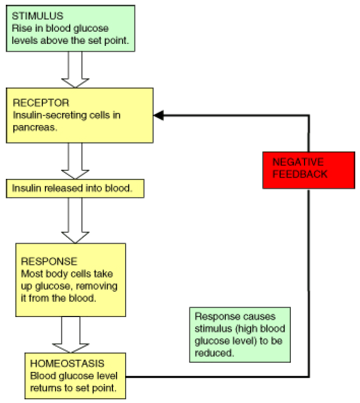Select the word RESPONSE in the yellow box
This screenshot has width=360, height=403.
pos(49,262)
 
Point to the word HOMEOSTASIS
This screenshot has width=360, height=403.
pos(67,364)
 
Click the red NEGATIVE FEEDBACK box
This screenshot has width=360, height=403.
pos(308,170)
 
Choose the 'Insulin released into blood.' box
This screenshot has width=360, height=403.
pos(75,188)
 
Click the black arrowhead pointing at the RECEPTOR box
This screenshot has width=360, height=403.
pos(158,115)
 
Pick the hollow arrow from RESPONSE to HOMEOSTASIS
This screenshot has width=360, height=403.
pos(71,335)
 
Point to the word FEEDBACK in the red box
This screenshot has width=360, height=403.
pos(300,175)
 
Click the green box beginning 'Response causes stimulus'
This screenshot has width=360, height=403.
pos(240,334)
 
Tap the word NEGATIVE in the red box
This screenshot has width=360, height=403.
pos(298,162)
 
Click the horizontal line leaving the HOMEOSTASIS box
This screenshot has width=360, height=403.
pos(216,377)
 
